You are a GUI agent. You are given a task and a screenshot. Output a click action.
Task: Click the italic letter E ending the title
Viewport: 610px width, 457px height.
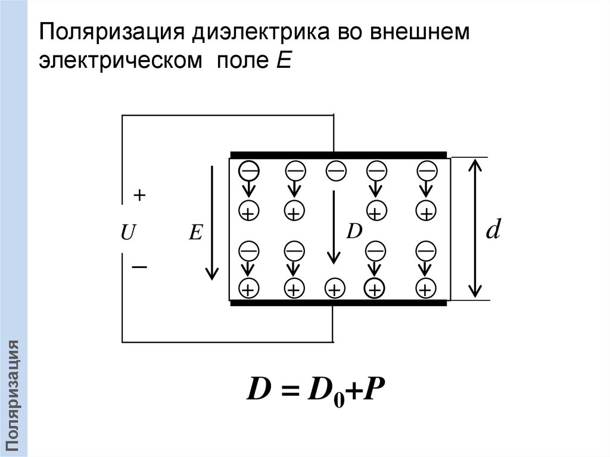282,61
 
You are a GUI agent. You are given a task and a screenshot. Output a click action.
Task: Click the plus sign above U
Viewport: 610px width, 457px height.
139,195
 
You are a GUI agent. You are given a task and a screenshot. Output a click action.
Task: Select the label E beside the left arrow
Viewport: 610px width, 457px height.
195,234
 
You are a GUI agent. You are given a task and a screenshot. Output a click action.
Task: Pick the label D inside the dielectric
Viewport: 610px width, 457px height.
354,231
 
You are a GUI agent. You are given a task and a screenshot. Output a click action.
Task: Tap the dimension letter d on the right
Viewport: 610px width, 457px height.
492,229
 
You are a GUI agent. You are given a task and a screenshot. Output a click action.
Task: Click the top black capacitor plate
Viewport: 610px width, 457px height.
338,154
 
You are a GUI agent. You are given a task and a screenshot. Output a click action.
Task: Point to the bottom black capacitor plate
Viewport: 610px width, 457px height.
338,303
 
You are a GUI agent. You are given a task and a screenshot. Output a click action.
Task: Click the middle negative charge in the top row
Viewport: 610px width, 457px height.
335,171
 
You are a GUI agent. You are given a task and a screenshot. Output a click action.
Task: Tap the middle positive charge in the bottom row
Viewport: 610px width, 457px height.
335,290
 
